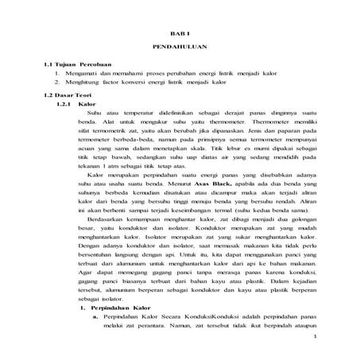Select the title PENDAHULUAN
click(179, 48)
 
